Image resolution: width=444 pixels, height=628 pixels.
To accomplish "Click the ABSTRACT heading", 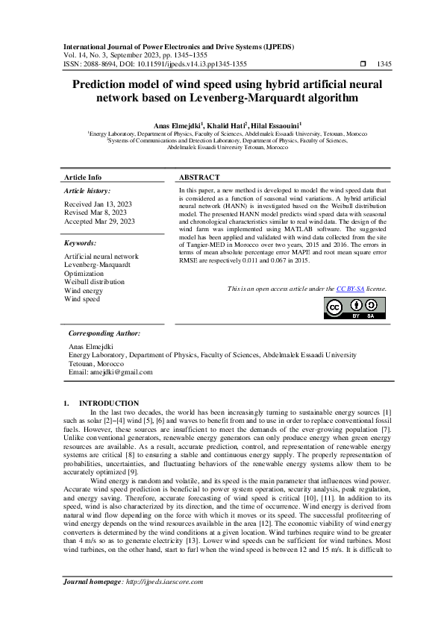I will (199, 178).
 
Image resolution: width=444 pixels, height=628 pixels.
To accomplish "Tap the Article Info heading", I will (84, 178).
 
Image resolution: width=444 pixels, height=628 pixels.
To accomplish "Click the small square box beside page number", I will (363, 64).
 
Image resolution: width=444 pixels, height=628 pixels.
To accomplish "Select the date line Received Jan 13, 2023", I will (99, 204).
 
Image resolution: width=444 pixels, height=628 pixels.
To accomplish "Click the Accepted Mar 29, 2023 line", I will (100, 222).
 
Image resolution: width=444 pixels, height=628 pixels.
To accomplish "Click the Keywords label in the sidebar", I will (80, 243).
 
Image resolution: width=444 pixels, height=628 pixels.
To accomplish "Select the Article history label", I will (88, 192).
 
